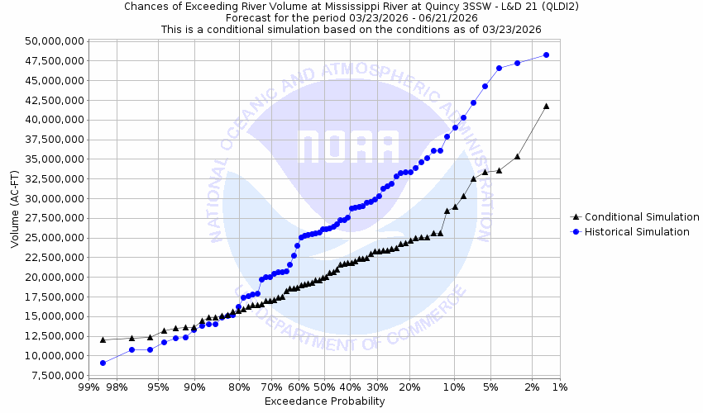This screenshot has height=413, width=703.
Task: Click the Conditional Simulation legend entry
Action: click(642, 216)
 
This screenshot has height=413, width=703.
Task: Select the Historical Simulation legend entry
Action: click(637, 232)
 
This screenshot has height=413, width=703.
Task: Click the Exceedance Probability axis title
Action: click(324, 401)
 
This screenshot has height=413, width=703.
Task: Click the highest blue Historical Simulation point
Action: click(546, 55)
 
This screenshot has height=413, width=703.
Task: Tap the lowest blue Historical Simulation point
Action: click(103, 363)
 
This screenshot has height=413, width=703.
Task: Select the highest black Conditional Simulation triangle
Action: click(546, 106)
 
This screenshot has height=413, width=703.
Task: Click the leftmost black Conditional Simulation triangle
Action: click(103, 339)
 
